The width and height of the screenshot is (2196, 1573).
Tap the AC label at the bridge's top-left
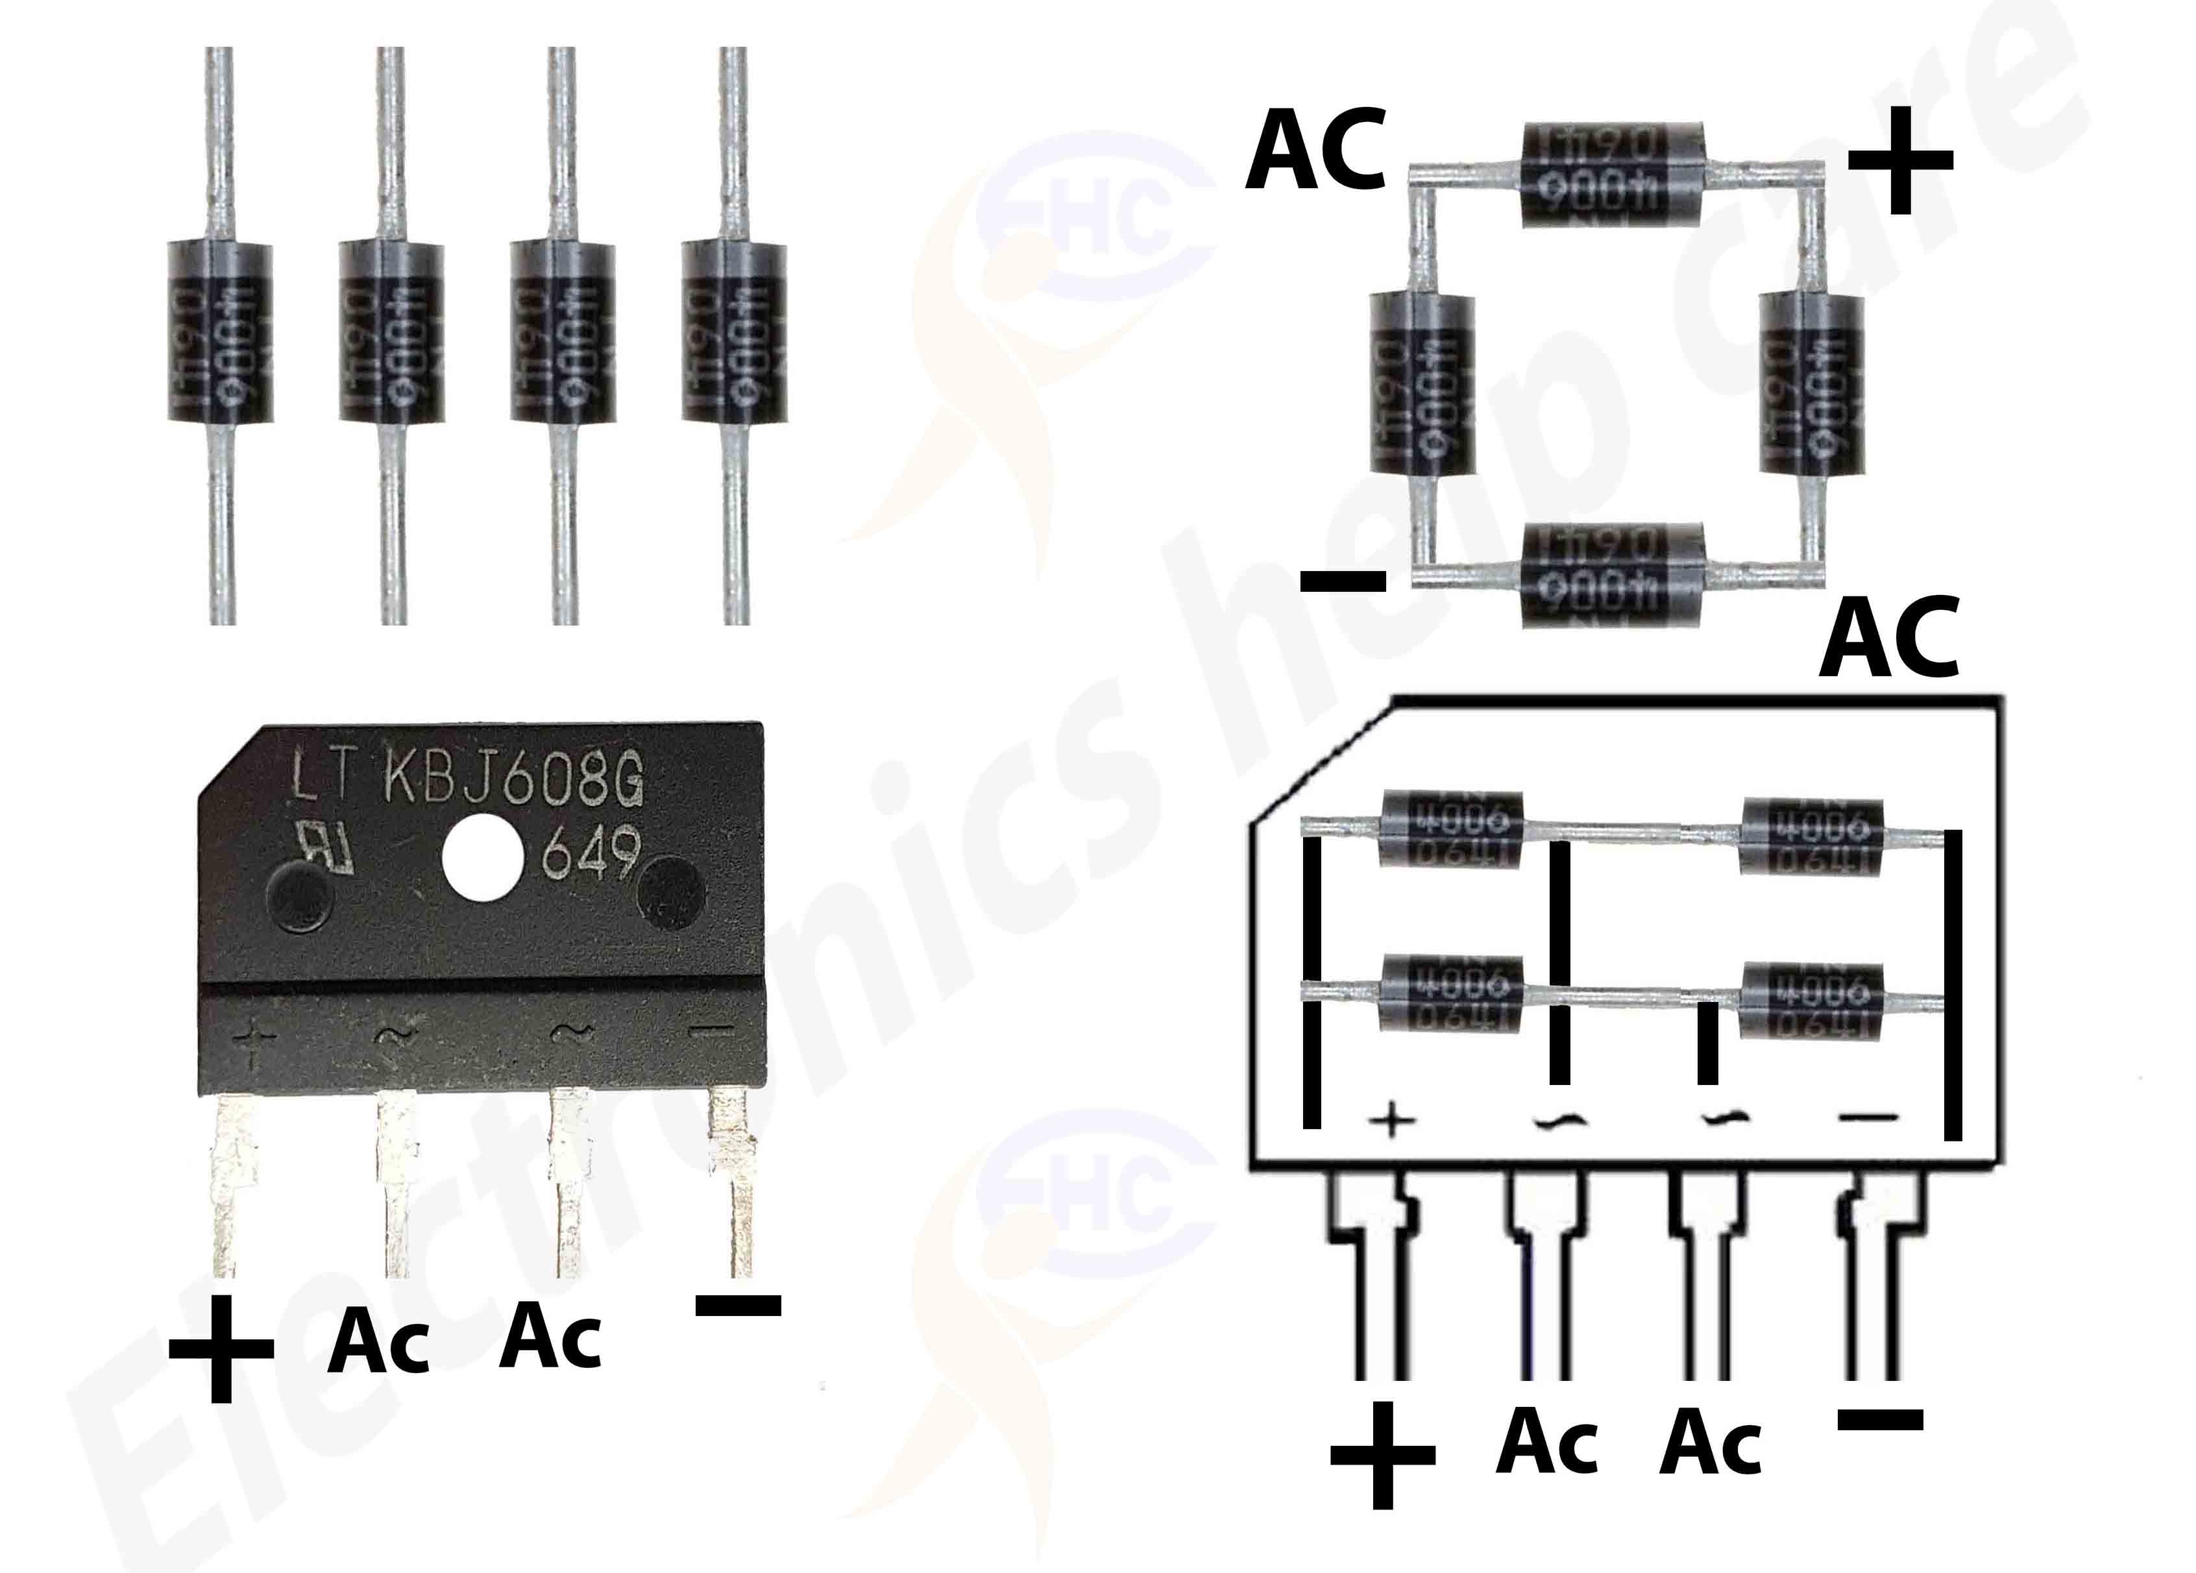[x=1314, y=155]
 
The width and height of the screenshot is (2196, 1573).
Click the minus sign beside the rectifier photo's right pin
[x=738, y=1306]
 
